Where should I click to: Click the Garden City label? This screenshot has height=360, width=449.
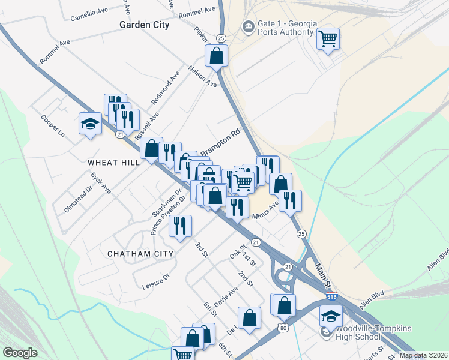coord(144,25)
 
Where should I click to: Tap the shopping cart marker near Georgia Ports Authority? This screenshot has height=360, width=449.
coord(328,40)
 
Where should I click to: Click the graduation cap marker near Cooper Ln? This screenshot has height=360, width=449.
coord(90,124)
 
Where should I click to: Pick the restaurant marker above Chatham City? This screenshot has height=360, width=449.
coord(179,226)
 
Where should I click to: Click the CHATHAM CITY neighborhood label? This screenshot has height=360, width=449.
coord(140,254)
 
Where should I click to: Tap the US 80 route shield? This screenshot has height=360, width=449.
coord(283,327)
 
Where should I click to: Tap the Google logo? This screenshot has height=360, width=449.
coord(20,353)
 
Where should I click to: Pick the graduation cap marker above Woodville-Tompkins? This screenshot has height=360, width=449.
coord(331,316)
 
